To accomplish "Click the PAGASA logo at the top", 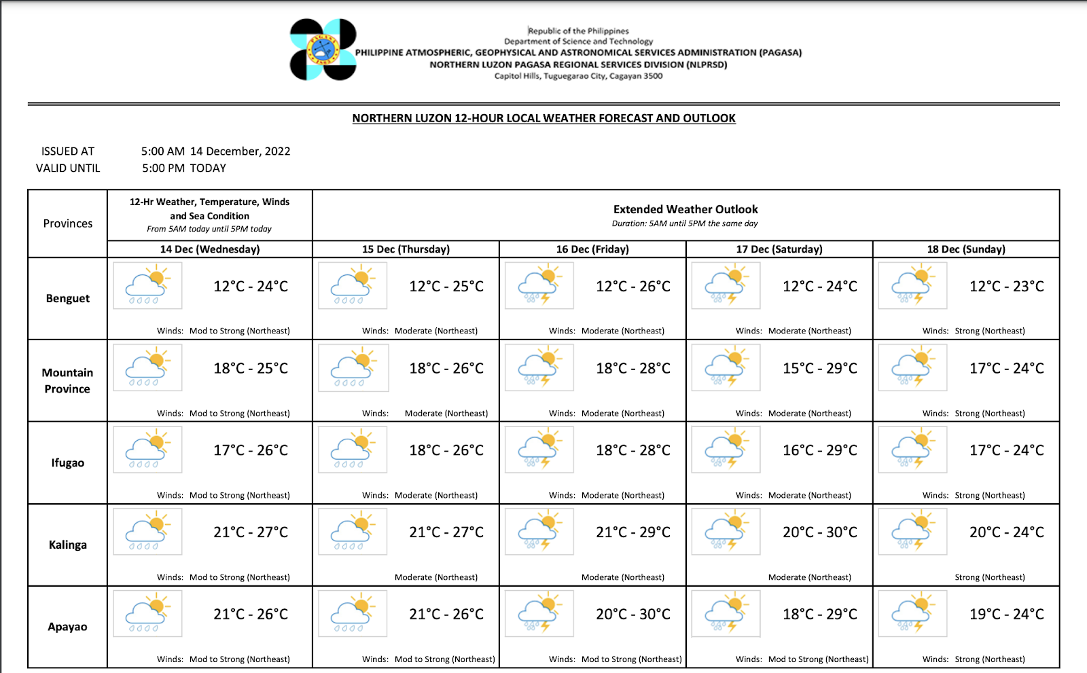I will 323,50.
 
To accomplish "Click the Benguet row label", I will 68,298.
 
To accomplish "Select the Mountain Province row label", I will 67,380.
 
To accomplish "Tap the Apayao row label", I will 67,626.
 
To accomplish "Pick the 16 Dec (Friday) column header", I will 592,249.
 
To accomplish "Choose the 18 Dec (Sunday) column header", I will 966,249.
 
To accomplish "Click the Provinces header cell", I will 68,223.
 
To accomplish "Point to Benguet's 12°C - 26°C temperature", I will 633,287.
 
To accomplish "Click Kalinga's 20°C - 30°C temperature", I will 820,532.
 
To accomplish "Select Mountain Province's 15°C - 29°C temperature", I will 820,368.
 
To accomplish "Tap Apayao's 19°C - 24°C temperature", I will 1007,614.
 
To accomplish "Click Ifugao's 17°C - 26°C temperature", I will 251,450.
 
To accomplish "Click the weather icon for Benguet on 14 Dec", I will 147,286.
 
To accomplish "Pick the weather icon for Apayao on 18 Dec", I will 912,613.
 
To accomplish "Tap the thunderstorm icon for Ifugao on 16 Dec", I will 539,450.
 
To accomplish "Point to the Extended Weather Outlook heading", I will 685,210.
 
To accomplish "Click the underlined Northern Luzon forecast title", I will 543,118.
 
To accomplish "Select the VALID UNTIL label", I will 68,168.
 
